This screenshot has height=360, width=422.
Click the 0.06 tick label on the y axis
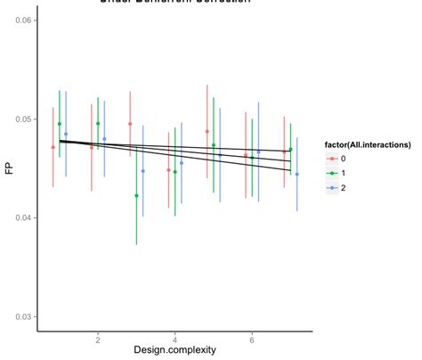pyautogui.click(x=22, y=20)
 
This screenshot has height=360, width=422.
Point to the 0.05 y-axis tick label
pyautogui.click(x=22, y=119)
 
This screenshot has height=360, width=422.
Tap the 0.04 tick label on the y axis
pyautogui.click(x=22, y=217)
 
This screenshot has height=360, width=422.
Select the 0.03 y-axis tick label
pyautogui.click(x=22, y=316)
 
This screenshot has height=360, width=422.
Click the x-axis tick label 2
pyautogui.click(x=98, y=340)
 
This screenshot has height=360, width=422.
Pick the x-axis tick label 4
pyautogui.click(x=175, y=340)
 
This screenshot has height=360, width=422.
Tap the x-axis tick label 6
pyautogui.click(x=252, y=340)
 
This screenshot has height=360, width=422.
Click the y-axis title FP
pyautogui.click(x=10, y=166)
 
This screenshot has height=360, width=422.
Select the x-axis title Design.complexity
pyautogui.click(x=174, y=350)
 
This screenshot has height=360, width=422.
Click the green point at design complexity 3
pyautogui.click(x=136, y=195)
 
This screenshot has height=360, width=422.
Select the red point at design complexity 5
pyautogui.click(x=207, y=131)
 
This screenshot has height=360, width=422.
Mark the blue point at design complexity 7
pyautogui.click(x=297, y=175)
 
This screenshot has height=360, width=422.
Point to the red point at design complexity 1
pyautogui.click(x=53, y=147)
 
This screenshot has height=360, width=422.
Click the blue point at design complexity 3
pyautogui.click(x=142, y=170)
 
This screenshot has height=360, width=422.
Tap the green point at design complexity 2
pyautogui.click(x=98, y=124)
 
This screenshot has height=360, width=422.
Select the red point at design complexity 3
pyautogui.click(x=130, y=124)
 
